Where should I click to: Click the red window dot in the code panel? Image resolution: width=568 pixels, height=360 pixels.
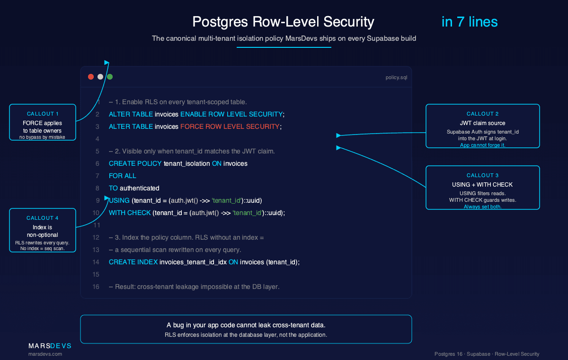[x=91, y=77]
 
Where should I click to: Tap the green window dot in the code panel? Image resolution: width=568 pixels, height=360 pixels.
[x=110, y=77]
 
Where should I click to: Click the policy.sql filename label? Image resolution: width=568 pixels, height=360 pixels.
[x=396, y=77]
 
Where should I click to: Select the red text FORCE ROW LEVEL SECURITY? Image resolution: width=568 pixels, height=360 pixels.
[x=230, y=126]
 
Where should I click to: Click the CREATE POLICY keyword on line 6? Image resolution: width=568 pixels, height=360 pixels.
[x=135, y=163]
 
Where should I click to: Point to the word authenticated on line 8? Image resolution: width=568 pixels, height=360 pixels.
[x=139, y=188]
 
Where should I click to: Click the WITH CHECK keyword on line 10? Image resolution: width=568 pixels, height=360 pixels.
[x=130, y=213]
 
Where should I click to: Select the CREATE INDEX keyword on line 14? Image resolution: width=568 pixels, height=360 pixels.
[x=133, y=262]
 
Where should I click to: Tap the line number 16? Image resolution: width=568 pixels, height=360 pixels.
[x=96, y=287]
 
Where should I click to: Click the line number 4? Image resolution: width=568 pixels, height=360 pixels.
[x=98, y=139]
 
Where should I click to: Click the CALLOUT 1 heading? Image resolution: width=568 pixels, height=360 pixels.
[x=43, y=114]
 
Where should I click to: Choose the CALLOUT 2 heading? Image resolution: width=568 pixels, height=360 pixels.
[x=482, y=114]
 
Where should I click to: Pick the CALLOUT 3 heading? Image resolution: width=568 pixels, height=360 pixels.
[x=482, y=175]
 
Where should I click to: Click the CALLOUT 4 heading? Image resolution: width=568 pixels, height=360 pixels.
[x=43, y=218]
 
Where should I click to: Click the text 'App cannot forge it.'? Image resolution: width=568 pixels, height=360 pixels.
[x=482, y=145]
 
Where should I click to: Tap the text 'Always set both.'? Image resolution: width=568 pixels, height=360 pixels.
[x=482, y=207]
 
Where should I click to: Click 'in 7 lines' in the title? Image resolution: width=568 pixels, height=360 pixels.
[x=469, y=22]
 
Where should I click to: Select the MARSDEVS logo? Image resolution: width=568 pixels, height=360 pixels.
[x=50, y=346]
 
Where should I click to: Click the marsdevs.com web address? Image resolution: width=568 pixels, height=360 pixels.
[x=45, y=354]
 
